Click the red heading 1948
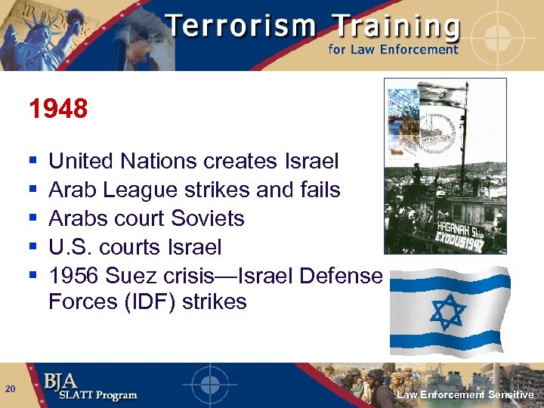pyautogui.click(x=58, y=110)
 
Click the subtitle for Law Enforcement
pyautogui.click(x=393, y=50)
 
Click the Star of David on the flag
pyautogui.click(x=447, y=311)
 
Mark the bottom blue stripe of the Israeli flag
pyautogui.click(x=446, y=342)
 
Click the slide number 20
pyautogui.click(x=10, y=389)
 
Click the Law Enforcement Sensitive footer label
pyautogui.click(x=465, y=394)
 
